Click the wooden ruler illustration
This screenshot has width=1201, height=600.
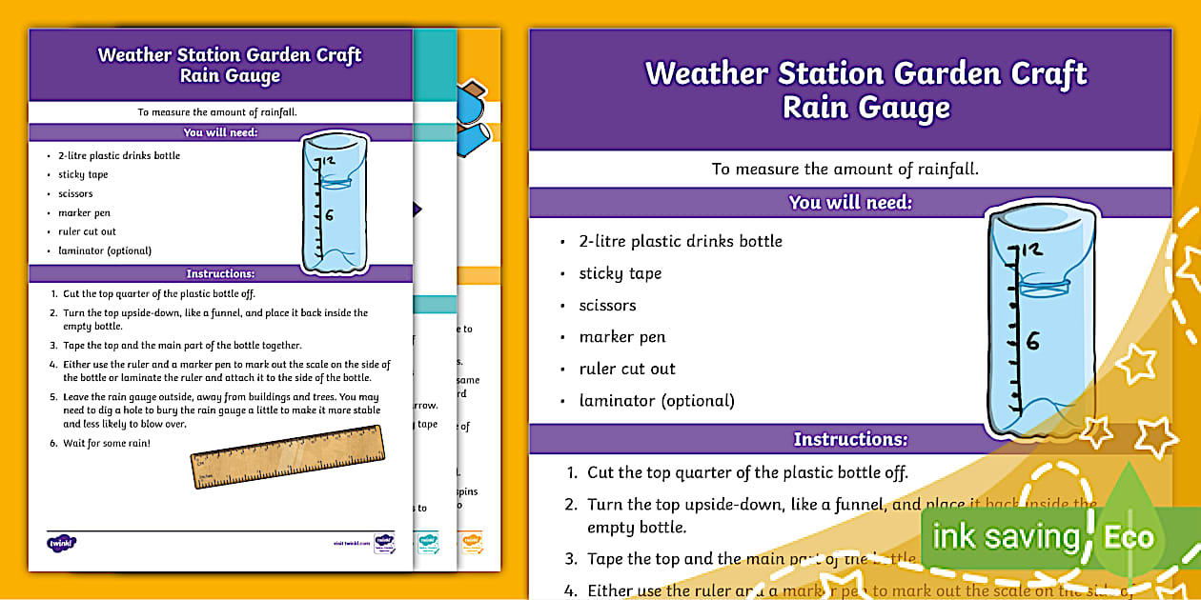(x=287, y=456)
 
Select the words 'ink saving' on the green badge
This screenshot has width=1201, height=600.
(x=1005, y=536)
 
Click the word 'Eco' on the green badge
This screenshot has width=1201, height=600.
(x=1129, y=537)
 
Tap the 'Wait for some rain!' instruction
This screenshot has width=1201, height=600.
(x=107, y=443)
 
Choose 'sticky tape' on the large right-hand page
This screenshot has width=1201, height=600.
(x=620, y=273)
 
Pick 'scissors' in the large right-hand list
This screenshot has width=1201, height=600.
(x=607, y=306)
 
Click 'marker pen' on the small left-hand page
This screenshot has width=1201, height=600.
(x=84, y=213)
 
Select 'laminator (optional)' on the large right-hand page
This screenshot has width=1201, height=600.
(x=657, y=401)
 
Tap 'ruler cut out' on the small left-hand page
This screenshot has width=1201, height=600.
(x=87, y=232)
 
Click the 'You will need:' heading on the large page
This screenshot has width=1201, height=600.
(x=850, y=202)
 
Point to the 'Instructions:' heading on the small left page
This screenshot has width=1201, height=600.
(x=220, y=274)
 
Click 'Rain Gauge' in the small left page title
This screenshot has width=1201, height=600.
(x=231, y=76)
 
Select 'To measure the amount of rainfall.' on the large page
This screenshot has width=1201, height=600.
(x=845, y=169)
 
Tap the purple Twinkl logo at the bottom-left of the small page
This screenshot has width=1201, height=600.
(x=61, y=543)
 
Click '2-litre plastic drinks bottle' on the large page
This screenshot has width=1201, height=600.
(x=681, y=241)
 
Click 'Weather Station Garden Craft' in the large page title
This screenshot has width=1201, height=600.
(x=865, y=73)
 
